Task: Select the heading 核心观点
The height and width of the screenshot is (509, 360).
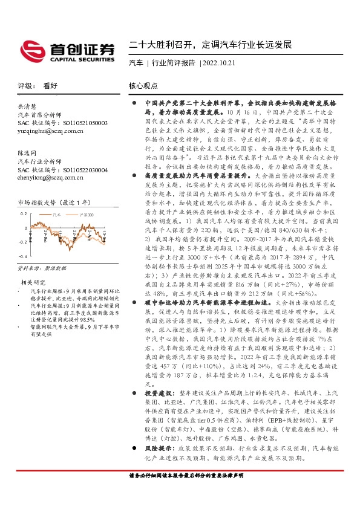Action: pos(143,86)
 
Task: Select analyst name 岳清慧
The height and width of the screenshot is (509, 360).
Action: pos(27,106)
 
